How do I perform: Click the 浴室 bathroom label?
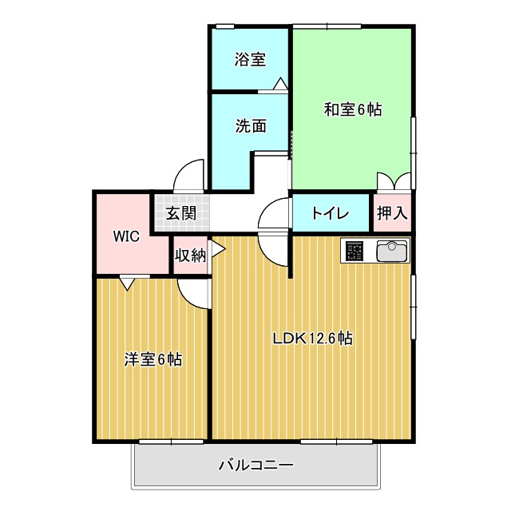point(250,60)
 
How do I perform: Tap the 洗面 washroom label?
point(250,125)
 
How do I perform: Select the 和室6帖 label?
point(352,109)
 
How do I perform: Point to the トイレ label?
point(330,213)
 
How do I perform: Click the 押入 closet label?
point(392,213)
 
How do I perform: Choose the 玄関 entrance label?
point(181,213)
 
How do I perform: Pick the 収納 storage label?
point(191,255)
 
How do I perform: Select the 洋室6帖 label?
point(153,359)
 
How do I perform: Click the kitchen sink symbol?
point(391,251)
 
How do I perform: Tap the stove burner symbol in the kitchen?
point(355,251)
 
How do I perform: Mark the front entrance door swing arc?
point(189,174)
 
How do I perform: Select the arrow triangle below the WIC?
point(128,283)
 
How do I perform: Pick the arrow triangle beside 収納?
point(217,250)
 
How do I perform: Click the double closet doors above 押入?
point(394,182)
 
